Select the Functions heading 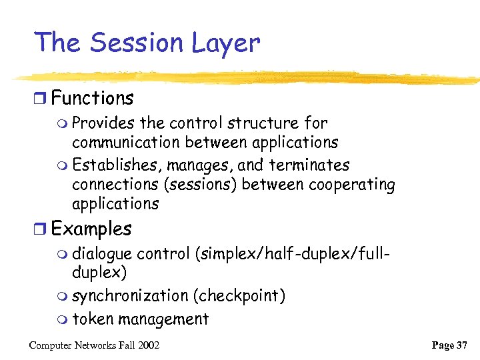point(93,99)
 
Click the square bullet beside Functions point(41,99)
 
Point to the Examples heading point(91,229)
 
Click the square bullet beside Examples point(41,229)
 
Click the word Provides point(103,123)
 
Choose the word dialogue point(103,254)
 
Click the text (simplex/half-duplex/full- point(292,254)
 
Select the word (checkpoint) point(240,296)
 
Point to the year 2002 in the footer point(149,345)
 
